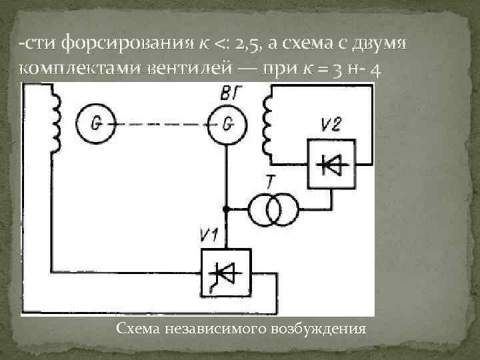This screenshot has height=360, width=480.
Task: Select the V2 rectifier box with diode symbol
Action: (x=332, y=164)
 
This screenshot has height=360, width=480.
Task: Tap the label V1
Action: (x=209, y=235)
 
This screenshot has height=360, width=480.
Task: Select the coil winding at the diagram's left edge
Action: (x=53, y=123)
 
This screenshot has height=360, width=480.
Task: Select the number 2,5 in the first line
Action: (x=244, y=46)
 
